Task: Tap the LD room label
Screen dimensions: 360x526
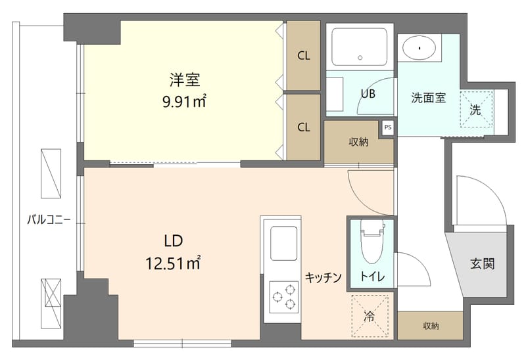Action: click(172, 240)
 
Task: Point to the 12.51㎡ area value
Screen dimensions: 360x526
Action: click(172, 263)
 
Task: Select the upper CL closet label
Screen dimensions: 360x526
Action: click(303, 56)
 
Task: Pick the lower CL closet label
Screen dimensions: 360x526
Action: click(303, 127)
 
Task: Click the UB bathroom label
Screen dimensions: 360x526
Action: click(367, 93)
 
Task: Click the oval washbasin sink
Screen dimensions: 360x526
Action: click(419, 47)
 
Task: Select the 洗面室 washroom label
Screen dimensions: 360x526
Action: click(429, 99)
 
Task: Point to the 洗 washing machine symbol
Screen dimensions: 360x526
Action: click(475, 110)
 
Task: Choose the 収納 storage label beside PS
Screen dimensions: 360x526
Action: click(358, 142)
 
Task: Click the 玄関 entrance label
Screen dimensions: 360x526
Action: click(482, 264)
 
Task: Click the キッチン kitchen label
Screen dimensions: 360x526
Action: click(323, 278)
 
